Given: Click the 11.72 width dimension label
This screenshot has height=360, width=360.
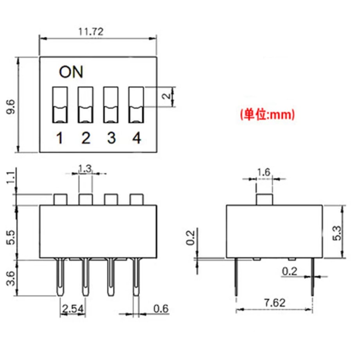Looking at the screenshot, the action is point(91,32).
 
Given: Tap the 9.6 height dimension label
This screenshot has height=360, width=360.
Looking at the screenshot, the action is point(11,107).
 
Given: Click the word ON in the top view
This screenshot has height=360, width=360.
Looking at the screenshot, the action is point(71,72).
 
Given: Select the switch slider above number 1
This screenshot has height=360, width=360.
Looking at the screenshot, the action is point(60,105).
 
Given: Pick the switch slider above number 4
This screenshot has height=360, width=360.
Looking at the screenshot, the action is point(136,105).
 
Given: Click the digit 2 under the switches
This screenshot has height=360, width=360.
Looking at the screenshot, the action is point(86,138).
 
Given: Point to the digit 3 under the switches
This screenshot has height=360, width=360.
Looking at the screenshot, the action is point(112,138).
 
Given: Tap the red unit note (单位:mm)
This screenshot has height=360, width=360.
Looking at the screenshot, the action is point(267,114).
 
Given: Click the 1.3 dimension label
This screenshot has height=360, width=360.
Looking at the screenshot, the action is point(85,169).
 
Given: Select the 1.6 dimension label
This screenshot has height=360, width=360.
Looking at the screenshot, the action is point(264,172).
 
